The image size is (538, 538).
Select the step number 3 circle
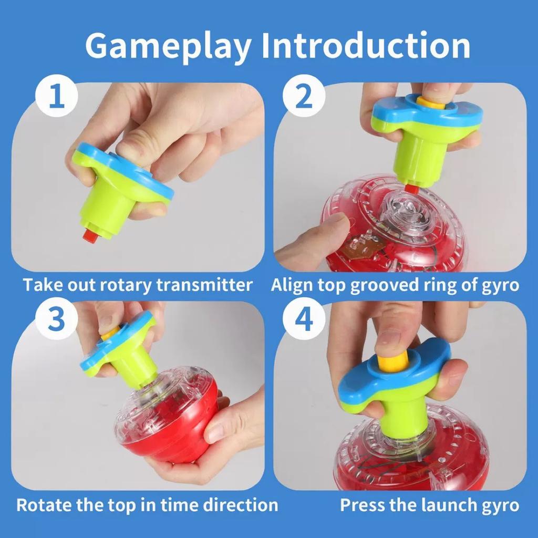point(57,319)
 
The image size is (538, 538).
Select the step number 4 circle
point(304,319)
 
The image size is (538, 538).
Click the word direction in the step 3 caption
point(240,505)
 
